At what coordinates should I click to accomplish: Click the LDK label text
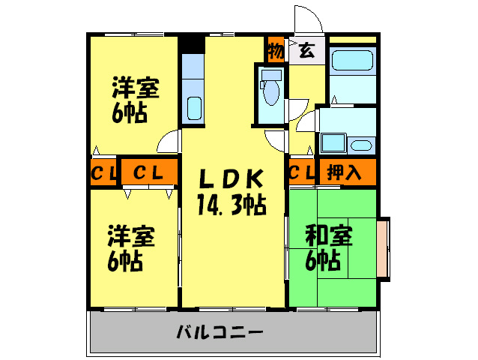(x=231, y=179)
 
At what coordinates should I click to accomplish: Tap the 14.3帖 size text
(x=231, y=203)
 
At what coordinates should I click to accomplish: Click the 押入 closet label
(x=345, y=172)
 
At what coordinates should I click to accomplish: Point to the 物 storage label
(x=276, y=52)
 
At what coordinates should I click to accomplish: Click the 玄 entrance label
(x=306, y=51)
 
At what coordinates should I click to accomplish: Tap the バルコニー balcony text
(x=219, y=331)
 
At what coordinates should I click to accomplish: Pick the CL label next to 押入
(x=301, y=172)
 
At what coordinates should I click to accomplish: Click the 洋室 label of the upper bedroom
(x=135, y=88)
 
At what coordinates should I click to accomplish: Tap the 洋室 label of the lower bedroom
(x=131, y=237)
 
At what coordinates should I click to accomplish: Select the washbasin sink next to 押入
(x=360, y=144)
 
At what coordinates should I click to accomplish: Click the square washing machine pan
(x=331, y=142)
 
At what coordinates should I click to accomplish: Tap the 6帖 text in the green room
(x=324, y=260)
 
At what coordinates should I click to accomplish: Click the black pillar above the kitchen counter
(x=192, y=44)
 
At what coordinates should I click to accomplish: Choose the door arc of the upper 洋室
(x=172, y=140)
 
